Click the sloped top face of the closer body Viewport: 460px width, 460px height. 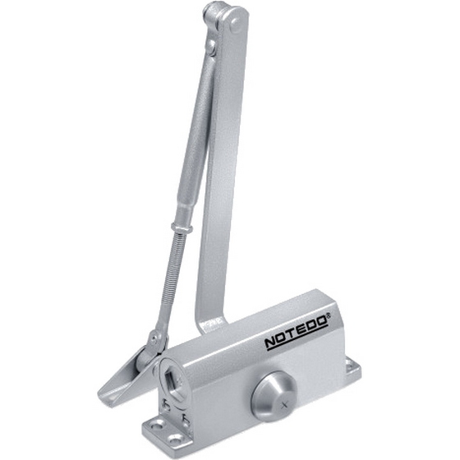pyautogui.click(x=271, y=316)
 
